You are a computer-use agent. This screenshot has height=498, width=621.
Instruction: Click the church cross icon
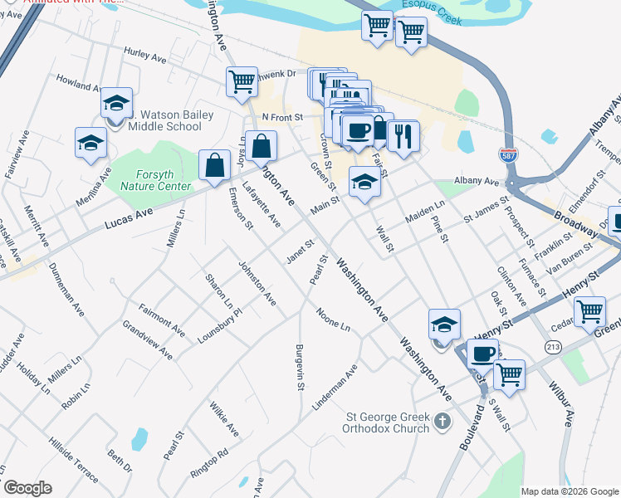[443, 422]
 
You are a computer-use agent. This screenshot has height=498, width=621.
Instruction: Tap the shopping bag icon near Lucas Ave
[214, 164]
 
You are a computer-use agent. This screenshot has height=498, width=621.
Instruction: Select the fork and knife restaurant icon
[403, 135]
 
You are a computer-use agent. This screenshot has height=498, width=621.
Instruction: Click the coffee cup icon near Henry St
[482, 353]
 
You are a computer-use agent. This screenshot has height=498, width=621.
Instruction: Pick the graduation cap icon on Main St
[364, 180]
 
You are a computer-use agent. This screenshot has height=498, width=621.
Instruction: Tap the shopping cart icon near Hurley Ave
[241, 81]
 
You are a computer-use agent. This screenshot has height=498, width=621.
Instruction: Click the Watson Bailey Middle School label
[164, 120]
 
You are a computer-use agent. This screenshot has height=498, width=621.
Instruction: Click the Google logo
[27, 487]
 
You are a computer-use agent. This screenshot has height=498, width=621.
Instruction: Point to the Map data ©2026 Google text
[570, 491]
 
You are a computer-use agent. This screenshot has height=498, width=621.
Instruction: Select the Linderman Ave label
[335, 387]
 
